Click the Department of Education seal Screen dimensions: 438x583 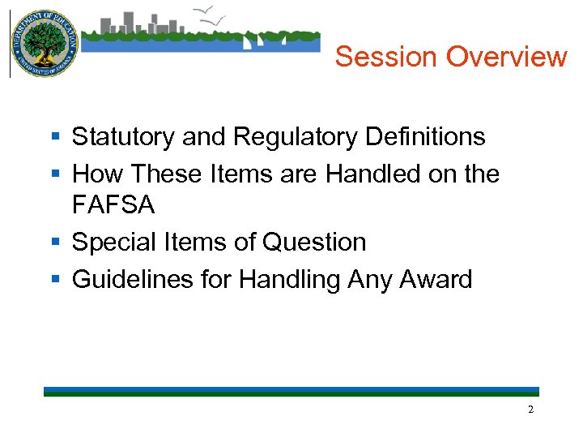pyautogui.click(x=44, y=44)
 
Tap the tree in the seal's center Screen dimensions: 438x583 pyautogui.click(x=44, y=41)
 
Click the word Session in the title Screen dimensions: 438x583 pyautogui.click(x=387, y=57)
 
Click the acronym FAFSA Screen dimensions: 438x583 pyautogui.click(x=113, y=205)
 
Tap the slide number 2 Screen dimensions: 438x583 pyautogui.click(x=530, y=410)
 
